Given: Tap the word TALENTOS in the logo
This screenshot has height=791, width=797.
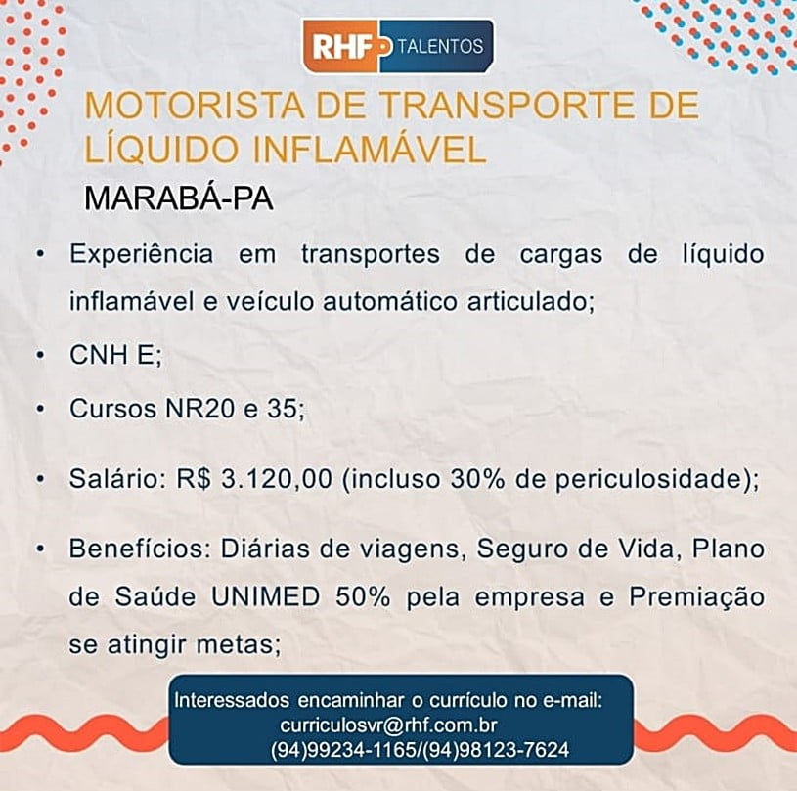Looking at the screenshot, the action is tap(440, 46).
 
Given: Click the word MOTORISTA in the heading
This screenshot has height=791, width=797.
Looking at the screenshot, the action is tap(195, 106).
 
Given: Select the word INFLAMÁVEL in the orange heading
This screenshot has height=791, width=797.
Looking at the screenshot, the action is tap(370, 150).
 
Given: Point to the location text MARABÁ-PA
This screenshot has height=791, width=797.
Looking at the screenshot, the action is tap(178, 198).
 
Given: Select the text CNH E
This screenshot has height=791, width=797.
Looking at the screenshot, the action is tap(111, 354).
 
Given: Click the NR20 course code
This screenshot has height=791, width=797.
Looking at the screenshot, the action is tap(199, 408).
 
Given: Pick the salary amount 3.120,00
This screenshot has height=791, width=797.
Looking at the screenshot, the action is tap(277, 478).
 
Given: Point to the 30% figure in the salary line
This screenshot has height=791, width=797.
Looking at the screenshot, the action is tap(477, 478).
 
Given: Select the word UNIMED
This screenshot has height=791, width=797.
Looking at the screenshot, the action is tap(265, 596).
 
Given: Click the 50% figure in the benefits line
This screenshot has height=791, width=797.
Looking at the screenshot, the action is tap(363, 596).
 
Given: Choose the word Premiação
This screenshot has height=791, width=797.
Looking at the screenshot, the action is tap(696, 597).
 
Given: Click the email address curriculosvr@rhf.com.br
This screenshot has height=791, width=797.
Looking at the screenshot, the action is tap(388, 725).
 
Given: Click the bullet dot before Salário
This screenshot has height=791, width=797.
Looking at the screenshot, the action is tap(41, 479).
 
